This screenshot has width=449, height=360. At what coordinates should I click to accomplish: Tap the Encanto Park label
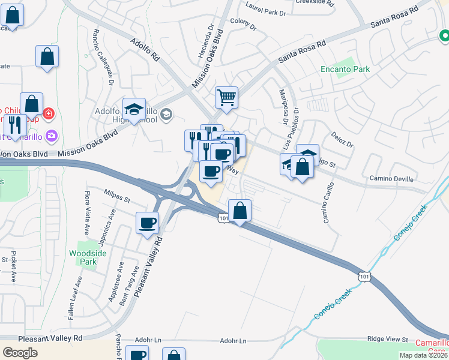pyautogui.click(x=345, y=69)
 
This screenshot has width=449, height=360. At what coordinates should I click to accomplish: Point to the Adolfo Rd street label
pyautogui.click(x=145, y=50)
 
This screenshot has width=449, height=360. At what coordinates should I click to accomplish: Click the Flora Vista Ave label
pyautogui.click(x=87, y=212)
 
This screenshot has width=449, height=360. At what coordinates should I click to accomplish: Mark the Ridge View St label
pyautogui.click(x=387, y=340)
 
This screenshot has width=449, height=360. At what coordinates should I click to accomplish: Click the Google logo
pyautogui.click(x=20, y=353)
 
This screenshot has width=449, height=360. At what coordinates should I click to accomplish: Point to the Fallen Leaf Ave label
pyautogui.click(x=79, y=298)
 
